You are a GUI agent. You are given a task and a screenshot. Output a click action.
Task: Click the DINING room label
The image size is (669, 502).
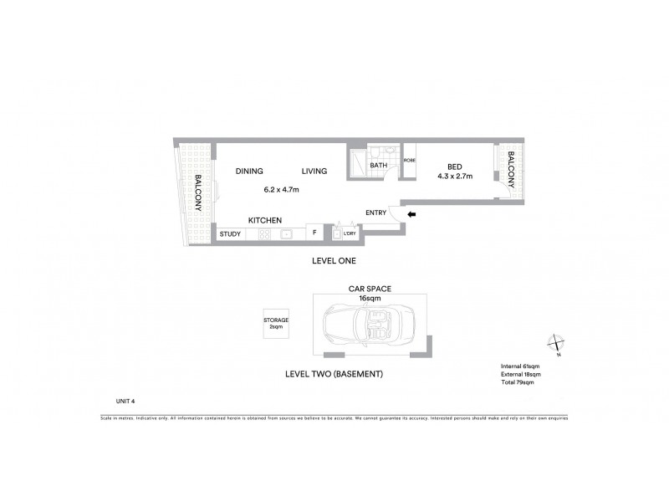tap(249, 172)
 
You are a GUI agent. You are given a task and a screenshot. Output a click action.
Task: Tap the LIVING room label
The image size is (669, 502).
tap(314, 172)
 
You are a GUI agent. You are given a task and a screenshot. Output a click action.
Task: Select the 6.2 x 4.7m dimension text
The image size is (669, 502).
tap(282, 190)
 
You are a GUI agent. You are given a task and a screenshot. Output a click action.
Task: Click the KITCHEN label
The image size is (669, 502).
tap(263, 219)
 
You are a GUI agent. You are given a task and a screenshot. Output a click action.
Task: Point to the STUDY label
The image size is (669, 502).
tap(230, 234)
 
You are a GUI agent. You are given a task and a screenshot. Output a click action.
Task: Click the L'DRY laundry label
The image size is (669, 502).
tap(350, 234)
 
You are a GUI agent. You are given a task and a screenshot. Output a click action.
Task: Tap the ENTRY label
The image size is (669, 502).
tap(376, 213)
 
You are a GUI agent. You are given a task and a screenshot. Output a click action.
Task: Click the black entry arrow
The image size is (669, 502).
tap(410, 214)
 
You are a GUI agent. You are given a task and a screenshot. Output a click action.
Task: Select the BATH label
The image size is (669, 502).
tap(379, 166)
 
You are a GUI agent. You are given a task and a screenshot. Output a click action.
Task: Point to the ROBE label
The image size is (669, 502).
tap(410, 160)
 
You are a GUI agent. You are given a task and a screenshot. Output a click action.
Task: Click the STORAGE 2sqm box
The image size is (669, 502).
tap(276, 323)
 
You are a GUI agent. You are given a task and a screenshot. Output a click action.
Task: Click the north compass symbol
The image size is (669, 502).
tap(556, 343)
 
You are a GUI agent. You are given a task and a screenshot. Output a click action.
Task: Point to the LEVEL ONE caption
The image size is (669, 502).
tap(334, 261)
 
